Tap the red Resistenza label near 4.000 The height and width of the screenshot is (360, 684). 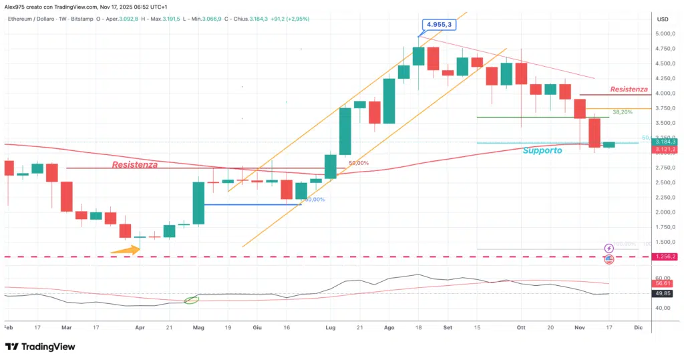pyautogui.click(x=629, y=89)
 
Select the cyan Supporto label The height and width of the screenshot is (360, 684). pyautogui.click(x=543, y=151)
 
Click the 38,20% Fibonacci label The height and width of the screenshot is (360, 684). pyautogui.click(x=623, y=112)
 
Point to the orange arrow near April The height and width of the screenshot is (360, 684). pyautogui.click(x=125, y=250)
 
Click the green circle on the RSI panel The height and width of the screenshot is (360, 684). pyautogui.click(x=191, y=299)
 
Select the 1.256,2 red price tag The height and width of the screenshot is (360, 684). pyautogui.click(x=666, y=256)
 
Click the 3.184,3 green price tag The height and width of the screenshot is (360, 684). pyautogui.click(x=666, y=142)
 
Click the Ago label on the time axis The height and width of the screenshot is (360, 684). pyautogui.click(x=390, y=328)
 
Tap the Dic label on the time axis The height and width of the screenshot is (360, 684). pyautogui.click(x=638, y=328)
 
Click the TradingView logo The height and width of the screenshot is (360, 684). pyautogui.click(x=39, y=347)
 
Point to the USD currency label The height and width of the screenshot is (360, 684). pyautogui.click(x=663, y=19)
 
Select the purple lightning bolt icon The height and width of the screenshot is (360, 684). pyautogui.click(x=609, y=248)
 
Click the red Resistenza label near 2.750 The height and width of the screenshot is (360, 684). pyautogui.click(x=135, y=164)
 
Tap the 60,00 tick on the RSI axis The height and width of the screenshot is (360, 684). pyautogui.click(x=664, y=278)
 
